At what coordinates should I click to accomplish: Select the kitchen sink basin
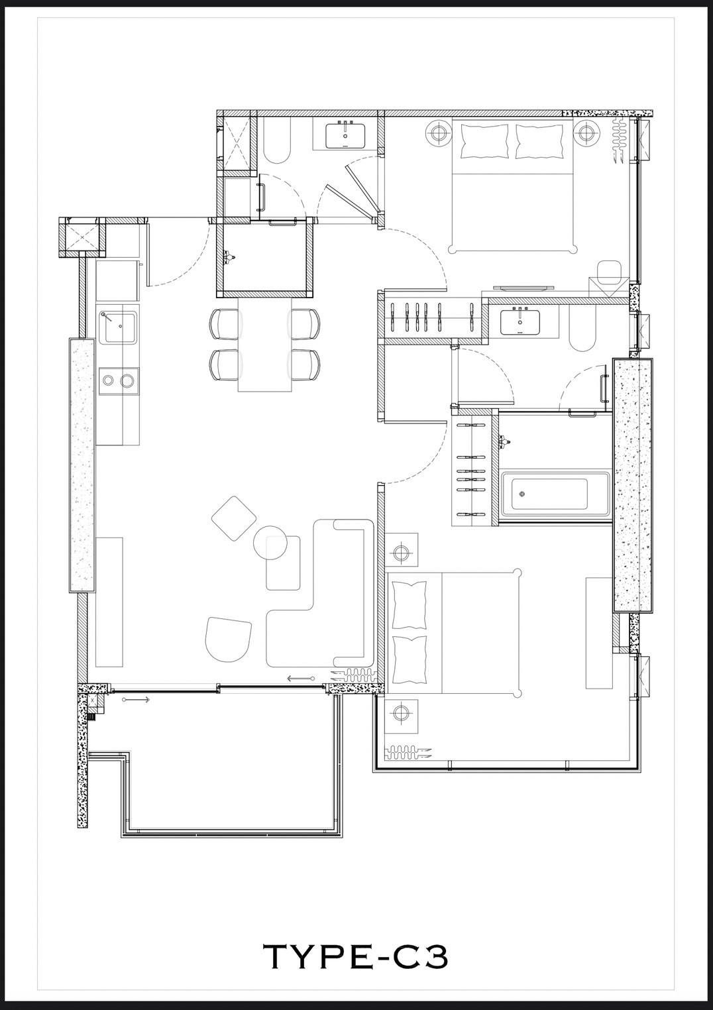[118, 327]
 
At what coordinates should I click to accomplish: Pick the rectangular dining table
[264, 345]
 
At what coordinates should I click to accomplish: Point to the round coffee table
[270, 542]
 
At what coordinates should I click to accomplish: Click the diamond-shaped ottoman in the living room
[234, 518]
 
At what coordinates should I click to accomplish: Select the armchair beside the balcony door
[228, 640]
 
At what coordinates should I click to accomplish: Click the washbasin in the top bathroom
[346, 135]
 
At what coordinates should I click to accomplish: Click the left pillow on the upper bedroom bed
[484, 142]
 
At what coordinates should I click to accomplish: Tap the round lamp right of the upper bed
[586, 133]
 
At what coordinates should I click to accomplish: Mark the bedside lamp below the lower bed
[400, 713]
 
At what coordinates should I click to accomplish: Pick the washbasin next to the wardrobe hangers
[521, 321]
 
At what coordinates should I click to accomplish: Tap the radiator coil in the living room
[353, 675]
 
